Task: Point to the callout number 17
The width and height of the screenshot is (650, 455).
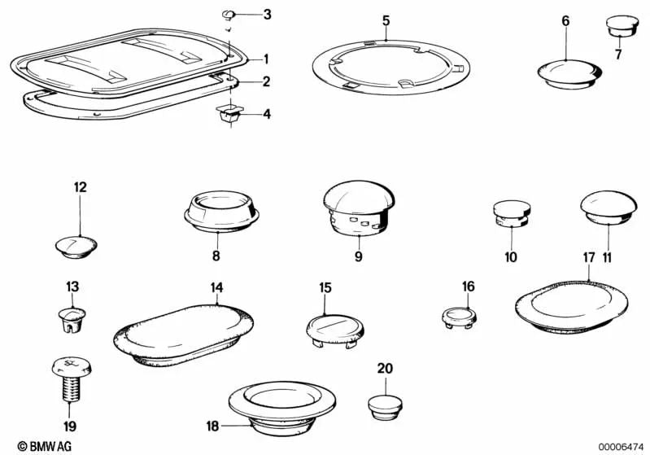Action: [589, 258]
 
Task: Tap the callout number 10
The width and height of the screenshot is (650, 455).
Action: [510, 258]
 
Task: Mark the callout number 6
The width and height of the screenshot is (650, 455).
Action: [565, 21]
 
